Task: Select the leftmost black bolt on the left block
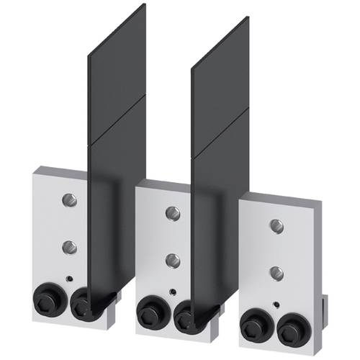[x=48, y=297]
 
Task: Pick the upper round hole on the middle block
[x=172, y=212]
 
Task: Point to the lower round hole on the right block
[x=276, y=272]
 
